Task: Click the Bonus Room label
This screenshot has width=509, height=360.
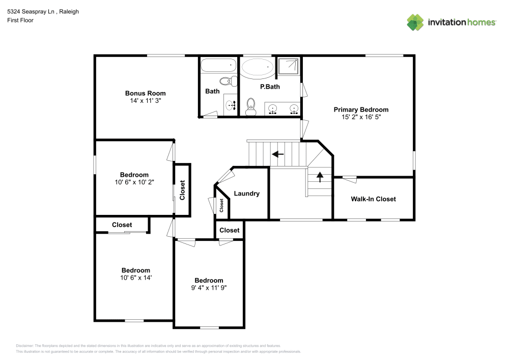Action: coord(145,93)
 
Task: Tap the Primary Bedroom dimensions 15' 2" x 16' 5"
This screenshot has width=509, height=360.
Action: coord(361,117)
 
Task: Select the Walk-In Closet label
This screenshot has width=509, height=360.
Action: coord(373,199)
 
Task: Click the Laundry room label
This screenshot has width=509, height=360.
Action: coord(246,193)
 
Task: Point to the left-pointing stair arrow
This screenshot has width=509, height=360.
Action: coord(277,154)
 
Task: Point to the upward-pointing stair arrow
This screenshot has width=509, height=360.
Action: coord(320,177)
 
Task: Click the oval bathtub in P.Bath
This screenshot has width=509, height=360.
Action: coord(257,67)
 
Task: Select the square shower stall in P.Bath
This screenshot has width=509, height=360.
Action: coord(289,67)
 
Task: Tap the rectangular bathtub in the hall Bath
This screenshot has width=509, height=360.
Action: coord(218,65)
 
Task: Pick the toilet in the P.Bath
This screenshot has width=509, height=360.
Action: coord(250,107)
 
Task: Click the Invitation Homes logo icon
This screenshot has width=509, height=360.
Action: coord(415,22)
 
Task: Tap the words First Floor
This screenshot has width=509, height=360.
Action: coord(20,20)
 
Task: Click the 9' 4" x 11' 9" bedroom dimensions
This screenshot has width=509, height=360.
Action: coord(209,288)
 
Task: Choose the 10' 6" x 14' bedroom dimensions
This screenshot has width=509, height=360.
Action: coord(135,278)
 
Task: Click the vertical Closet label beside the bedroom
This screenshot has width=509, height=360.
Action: coord(182,190)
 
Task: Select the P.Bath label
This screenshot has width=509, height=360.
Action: coord(270,87)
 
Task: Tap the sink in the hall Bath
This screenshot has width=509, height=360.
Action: coord(231,105)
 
